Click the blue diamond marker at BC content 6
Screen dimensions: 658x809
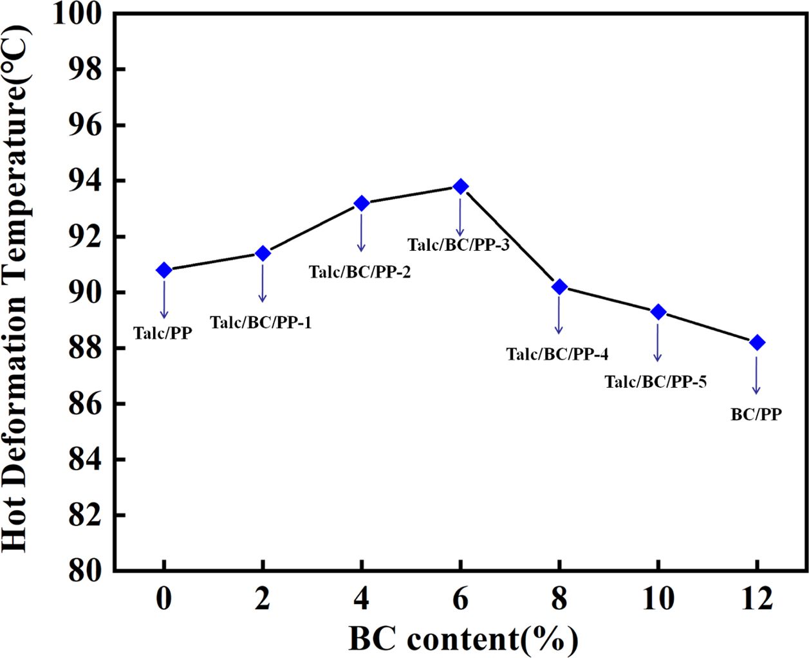pyautogui.click(x=460, y=187)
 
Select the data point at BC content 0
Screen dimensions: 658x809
pyautogui.click(x=164, y=270)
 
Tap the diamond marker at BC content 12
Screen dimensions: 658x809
pyautogui.click(x=757, y=342)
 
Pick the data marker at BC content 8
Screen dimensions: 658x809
pyautogui.click(x=559, y=287)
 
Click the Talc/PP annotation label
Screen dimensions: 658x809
pyautogui.click(x=163, y=333)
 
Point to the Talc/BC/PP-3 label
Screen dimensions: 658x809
pyautogui.click(x=458, y=245)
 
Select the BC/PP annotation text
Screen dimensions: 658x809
pyautogui.click(x=756, y=415)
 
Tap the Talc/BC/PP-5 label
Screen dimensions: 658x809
pyautogui.click(x=655, y=382)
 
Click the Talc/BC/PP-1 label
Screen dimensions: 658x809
pyautogui.click(x=261, y=323)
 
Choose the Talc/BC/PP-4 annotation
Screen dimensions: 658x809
pyautogui.click(x=557, y=354)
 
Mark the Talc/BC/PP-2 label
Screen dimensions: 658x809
pyautogui.click(x=360, y=272)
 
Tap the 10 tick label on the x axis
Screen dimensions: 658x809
pyautogui.click(x=658, y=600)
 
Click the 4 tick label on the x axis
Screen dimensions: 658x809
pyautogui.click(x=362, y=600)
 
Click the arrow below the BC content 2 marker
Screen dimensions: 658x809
pyautogui.click(x=263, y=282)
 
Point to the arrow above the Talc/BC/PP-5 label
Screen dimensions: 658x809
pyautogui.click(x=658, y=342)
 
